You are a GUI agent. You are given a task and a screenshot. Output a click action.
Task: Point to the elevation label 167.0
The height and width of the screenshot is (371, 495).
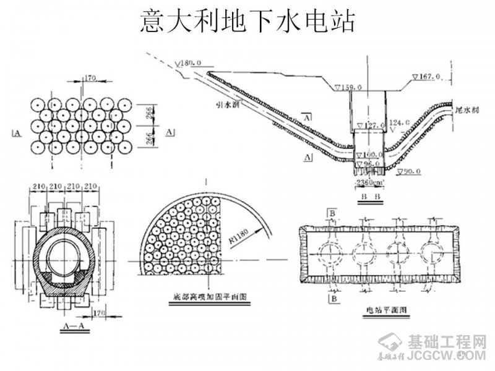[x=428, y=77]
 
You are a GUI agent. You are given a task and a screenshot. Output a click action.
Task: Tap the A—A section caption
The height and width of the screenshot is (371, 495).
[x=74, y=323]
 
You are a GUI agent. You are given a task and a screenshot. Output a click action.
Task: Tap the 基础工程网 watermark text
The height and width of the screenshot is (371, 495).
[x=447, y=341]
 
